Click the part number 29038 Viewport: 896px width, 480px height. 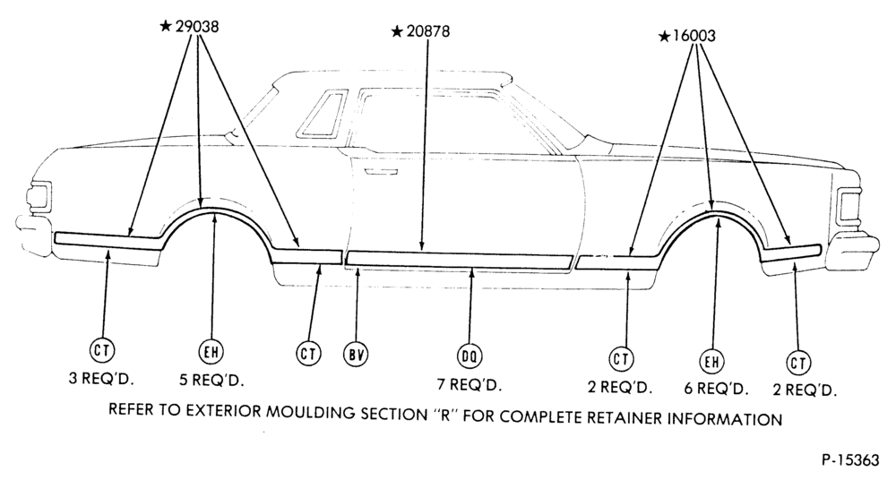pyautogui.click(x=197, y=26)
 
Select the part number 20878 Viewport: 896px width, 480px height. pyautogui.click(x=428, y=30)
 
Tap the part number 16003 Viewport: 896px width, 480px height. pyautogui.click(x=694, y=36)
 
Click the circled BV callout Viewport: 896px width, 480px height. pyautogui.click(x=356, y=354)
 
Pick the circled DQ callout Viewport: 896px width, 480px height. pyautogui.click(x=470, y=356)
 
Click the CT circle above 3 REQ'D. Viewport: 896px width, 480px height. pyautogui.click(x=102, y=350)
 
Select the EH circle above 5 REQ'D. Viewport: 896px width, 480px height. pyautogui.click(x=211, y=351)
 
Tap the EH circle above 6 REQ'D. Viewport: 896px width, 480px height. pyautogui.click(x=711, y=361)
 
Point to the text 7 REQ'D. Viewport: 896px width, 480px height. pyautogui.click(x=470, y=384)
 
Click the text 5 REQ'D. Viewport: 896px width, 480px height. pyautogui.click(x=211, y=380)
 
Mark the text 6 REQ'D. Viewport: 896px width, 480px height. pyautogui.click(x=717, y=390)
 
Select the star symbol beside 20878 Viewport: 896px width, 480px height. pyautogui.click(x=397, y=31)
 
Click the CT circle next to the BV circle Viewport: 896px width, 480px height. pyautogui.click(x=308, y=353)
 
